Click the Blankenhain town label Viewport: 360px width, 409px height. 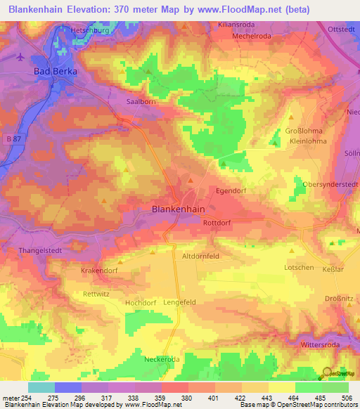(179, 209)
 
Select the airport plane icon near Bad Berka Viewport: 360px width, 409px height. (21, 57)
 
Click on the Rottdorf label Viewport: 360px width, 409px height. (218, 224)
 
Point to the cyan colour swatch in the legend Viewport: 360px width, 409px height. (41, 387)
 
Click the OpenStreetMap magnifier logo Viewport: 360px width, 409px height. (328, 375)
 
